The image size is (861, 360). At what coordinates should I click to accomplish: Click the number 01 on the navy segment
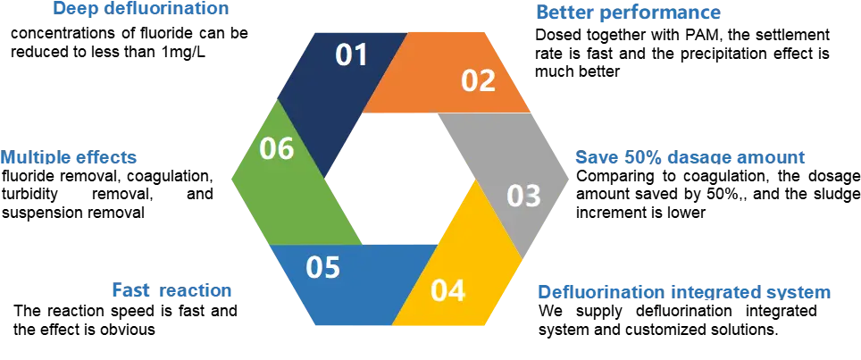(x=351, y=55)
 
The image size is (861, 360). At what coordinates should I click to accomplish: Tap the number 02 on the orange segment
(x=478, y=81)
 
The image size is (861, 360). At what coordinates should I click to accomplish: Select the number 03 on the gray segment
(x=524, y=196)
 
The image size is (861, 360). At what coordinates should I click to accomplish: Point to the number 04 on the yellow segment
(x=447, y=291)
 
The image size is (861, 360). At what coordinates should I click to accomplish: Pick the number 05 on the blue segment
(x=323, y=267)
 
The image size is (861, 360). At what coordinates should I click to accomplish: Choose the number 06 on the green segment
(x=277, y=148)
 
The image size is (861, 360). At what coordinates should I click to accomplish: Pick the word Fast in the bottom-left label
(x=128, y=291)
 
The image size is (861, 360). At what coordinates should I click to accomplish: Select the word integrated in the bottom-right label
(x=715, y=292)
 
